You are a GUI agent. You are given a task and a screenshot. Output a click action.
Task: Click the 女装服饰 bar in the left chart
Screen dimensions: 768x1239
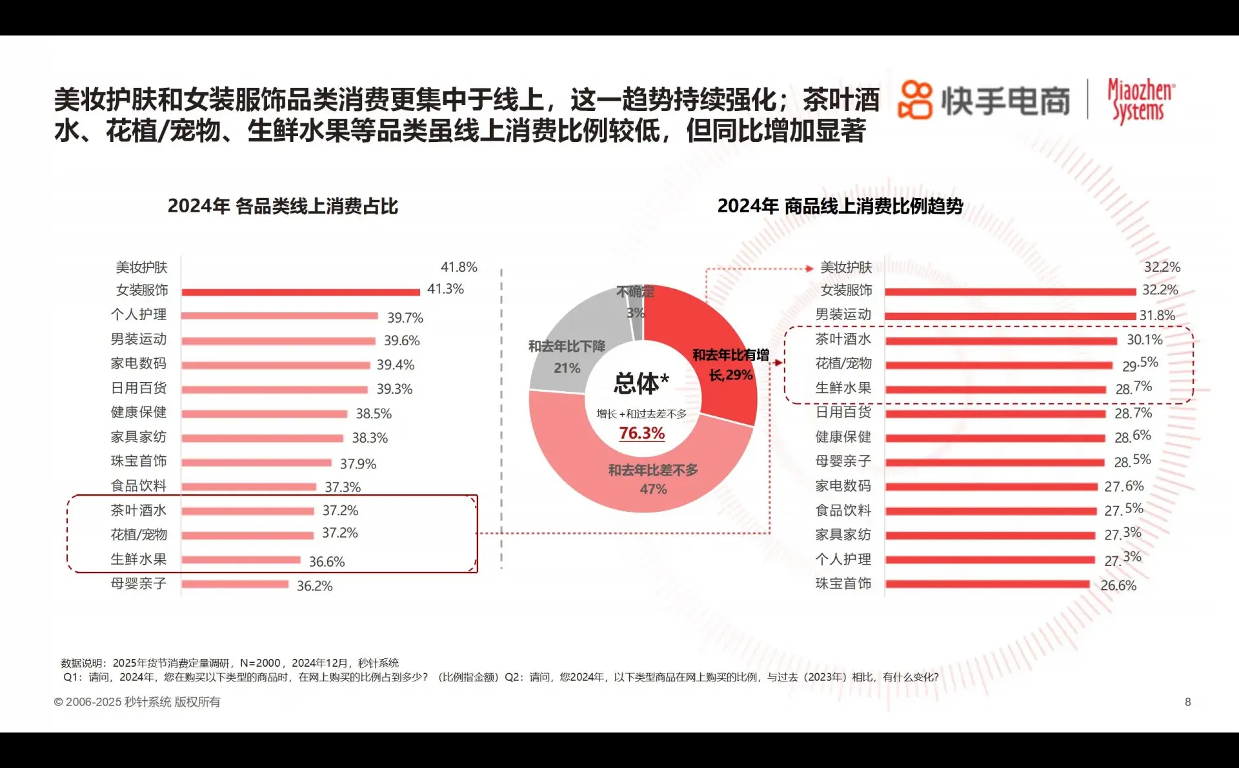coord(300,292)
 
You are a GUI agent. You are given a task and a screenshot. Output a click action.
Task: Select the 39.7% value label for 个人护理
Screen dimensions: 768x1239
coord(405,318)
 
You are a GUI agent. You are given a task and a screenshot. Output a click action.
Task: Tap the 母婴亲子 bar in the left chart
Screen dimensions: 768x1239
coord(235,585)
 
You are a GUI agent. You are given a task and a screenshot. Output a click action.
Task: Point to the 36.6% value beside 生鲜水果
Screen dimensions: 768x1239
coord(327,561)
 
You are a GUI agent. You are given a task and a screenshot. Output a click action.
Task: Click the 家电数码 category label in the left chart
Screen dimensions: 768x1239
coord(138,364)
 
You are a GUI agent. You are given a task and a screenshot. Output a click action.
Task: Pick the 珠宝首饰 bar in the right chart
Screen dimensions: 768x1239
coord(987,585)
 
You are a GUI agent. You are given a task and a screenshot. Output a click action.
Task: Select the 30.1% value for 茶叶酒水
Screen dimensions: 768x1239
coord(1144,339)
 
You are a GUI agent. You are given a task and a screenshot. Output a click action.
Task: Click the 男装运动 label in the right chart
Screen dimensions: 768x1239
coord(843,315)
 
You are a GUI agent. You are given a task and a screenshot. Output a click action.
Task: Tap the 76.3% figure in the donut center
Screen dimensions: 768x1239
coord(641,433)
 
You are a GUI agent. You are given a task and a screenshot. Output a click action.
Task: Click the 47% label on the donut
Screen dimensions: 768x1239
coord(653,489)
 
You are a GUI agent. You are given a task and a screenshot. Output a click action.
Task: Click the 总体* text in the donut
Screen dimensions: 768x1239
coord(641,383)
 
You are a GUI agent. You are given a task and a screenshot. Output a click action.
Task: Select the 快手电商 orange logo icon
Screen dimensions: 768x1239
coord(915,100)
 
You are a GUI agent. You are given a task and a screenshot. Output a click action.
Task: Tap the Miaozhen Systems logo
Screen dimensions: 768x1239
coord(1140,101)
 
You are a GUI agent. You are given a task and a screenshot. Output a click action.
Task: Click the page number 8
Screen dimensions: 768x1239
coord(1187,702)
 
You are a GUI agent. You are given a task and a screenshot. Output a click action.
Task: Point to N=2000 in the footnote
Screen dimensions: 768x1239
coord(260,663)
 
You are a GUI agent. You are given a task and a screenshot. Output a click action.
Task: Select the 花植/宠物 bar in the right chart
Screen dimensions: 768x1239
coord(998,365)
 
